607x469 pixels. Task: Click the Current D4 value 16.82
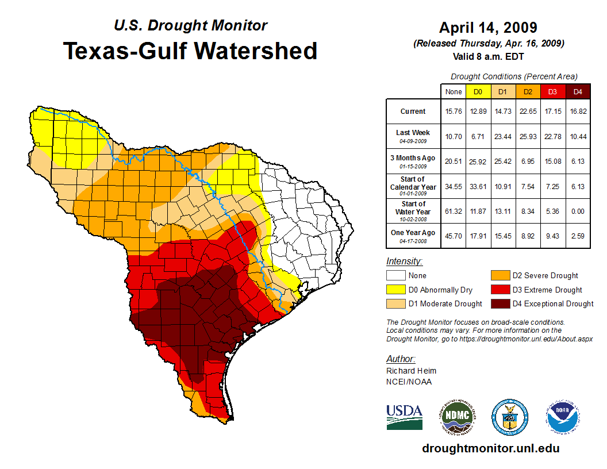point(578,112)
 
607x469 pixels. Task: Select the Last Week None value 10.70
point(454,136)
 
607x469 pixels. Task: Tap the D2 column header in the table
point(527,91)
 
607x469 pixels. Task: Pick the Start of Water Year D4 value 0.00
point(578,210)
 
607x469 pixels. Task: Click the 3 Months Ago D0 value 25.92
point(478,162)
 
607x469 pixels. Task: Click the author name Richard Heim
point(411,371)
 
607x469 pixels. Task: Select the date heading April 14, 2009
point(488,28)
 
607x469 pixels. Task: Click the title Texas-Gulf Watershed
point(190,51)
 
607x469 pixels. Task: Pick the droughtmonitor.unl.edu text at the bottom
point(490,448)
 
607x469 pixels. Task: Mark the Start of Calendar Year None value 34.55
point(454,186)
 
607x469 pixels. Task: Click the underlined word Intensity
point(405,262)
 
